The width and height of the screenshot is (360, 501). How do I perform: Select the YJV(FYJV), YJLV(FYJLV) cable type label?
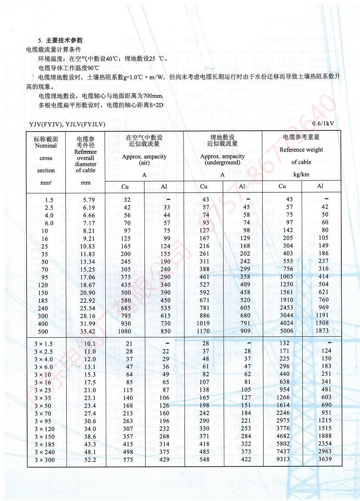[67, 124]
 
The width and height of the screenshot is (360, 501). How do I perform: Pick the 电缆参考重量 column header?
[301, 137]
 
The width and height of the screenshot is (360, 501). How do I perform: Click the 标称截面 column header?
[46, 140]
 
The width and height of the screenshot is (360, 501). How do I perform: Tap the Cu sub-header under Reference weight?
[282, 186]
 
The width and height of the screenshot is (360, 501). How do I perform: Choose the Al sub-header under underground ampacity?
[242, 186]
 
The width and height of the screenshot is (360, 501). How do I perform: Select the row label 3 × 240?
[45, 451]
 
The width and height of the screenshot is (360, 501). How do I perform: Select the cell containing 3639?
[325, 459]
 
